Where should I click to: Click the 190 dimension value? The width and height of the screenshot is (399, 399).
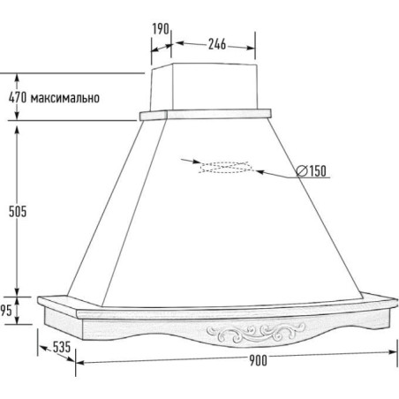point(161,29)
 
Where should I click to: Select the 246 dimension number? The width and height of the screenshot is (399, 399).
point(217,44)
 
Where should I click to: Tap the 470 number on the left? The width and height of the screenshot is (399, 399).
point(18,97)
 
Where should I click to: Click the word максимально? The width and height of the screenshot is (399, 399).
point(65,98)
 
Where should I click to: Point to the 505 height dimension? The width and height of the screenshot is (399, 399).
point(18,211)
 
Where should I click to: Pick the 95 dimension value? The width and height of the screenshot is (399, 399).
point(6,311)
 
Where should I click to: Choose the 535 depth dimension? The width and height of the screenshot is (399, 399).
point(62,347)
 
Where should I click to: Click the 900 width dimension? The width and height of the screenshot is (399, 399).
point(258,360)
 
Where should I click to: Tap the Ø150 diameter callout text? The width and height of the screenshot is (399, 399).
point(311,170)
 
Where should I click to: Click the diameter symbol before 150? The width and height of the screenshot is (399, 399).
point(302,171)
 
